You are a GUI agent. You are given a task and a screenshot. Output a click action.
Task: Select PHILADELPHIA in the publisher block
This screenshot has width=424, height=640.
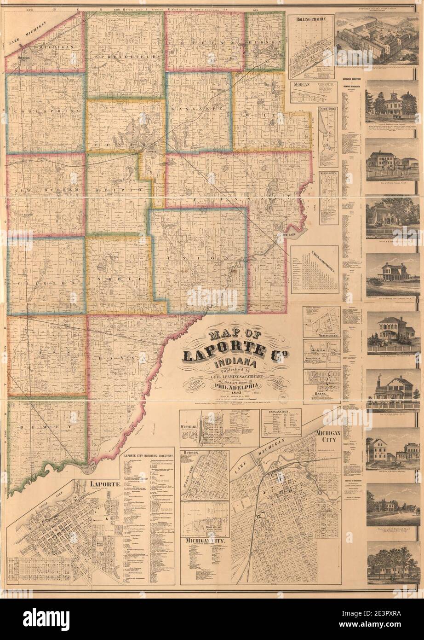pos(234,387)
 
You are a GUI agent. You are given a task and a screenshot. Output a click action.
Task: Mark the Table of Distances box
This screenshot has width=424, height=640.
pos(315,269)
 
